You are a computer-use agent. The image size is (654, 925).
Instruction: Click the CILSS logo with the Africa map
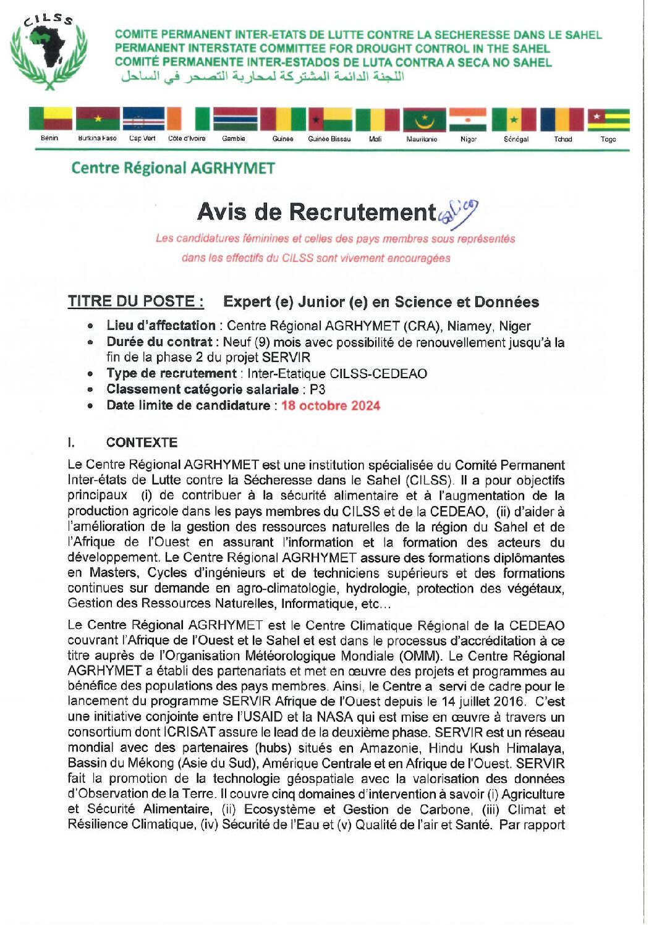coord(48,52)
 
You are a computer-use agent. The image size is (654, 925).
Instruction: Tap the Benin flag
coord(49,119)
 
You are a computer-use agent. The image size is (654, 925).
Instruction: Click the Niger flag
coord(468,119)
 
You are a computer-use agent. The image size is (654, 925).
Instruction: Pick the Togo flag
coord(608,119)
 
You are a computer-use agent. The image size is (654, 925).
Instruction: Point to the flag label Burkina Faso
coord(97,138)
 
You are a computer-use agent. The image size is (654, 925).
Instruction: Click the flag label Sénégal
coord(516,139)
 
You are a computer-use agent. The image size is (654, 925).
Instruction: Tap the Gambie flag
coord(235,119)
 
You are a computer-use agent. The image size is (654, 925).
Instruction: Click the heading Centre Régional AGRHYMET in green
coord(173,168)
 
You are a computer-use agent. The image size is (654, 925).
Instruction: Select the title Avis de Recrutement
coord(316,212)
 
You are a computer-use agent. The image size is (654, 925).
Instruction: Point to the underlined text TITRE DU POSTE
coord(136,302)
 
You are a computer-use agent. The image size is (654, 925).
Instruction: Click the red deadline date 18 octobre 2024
coord(331,406)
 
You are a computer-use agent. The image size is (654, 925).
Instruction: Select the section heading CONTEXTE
coord(142,442)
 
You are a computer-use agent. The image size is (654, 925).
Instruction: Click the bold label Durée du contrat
coord(159,342)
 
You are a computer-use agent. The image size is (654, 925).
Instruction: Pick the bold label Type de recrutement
coord(171,373)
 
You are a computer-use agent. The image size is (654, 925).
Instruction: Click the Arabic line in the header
coord(263,77)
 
